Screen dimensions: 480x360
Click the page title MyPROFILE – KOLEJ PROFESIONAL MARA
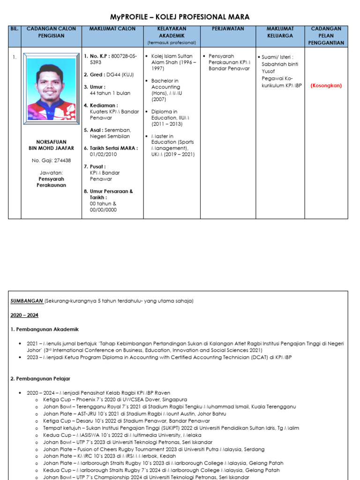(180, 17)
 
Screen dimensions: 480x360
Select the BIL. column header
(15, 29)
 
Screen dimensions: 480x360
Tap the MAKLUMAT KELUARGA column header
(280, 32)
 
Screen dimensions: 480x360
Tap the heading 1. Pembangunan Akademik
(45, 330)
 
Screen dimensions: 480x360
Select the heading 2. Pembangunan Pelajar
(40, 378)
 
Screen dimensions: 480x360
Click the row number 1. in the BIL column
(15, 57)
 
